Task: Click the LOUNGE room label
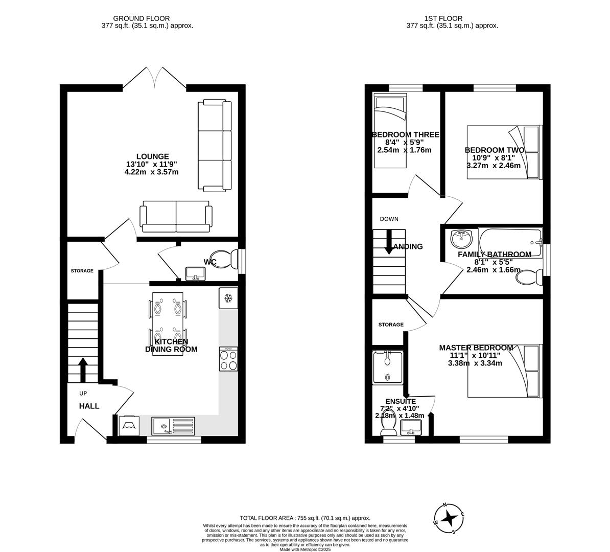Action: click(x=152, y=156)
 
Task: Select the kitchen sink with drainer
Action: click(x=173, y=425)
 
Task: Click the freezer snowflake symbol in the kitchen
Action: click(x=228, y=298)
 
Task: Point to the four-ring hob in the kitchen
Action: click(x=228, y=359)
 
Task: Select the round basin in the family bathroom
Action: click(x=461, y=238)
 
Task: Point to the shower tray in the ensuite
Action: click(x=388, y=367)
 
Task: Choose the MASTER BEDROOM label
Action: click(x=476, y=348)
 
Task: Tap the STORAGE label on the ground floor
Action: click(x=82, y=270)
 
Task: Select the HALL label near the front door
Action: click(x=89, y=406)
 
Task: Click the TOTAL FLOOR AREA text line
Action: click(x=305, y=518)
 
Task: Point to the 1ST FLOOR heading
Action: click(x=439, y=18)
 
